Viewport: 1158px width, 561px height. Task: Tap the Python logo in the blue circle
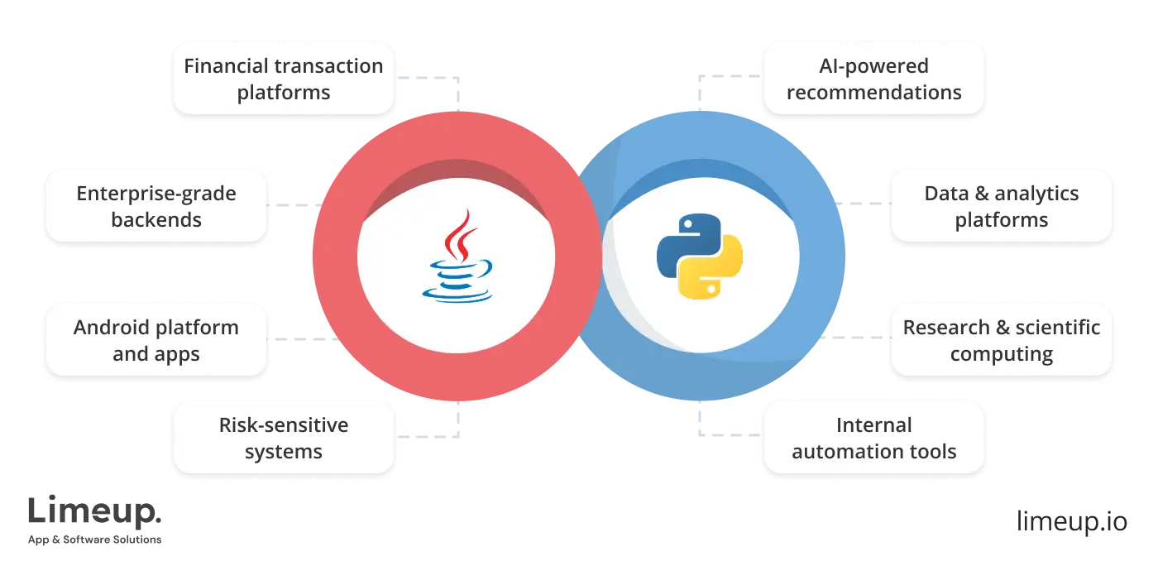(x=699, y=256)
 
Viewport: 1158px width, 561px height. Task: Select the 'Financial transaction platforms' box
(x=283, y=79)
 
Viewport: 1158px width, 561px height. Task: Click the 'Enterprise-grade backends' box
(x=156, y=206)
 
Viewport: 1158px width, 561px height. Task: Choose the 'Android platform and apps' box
(x=156, y=340)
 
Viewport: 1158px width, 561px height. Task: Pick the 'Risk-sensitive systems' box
(x=283, y=438)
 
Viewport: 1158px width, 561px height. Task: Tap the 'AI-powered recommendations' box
(x=873, y=79)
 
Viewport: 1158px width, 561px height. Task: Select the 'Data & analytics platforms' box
(x=1001, y=206)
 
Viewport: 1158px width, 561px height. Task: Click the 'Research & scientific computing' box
(x=1001, y=340)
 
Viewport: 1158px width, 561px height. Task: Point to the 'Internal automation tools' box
(x=873, y=438)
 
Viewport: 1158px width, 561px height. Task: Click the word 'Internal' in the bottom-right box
(x=873, y=425)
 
